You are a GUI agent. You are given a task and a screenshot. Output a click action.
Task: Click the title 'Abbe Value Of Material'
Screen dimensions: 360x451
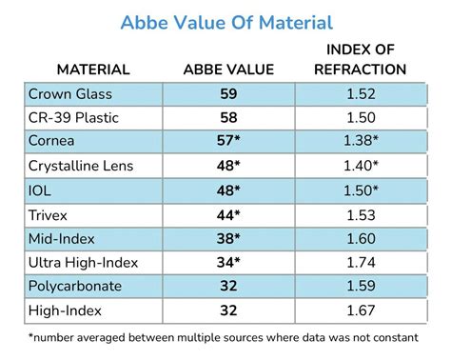[225, 21]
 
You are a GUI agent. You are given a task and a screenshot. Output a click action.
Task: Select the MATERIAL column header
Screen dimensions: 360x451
[93, 69]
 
